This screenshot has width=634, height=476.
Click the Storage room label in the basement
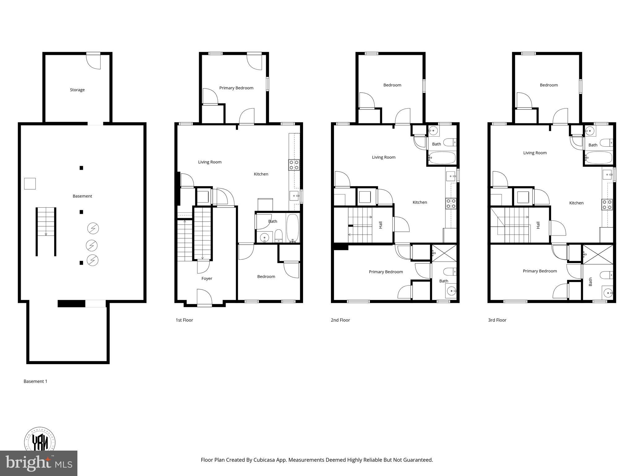point(77,90)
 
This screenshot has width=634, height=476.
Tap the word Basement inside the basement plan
point(82,196)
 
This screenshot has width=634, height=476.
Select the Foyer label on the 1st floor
point(207,279)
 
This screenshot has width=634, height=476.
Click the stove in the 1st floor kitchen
point(294,165)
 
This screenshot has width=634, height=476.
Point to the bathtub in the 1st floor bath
point(293,228)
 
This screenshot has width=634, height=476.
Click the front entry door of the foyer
point(204,297)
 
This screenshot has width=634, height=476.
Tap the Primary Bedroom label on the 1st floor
point(236,88)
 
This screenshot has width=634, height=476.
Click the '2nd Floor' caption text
point(340,320)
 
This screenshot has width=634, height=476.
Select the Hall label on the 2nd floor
point(380,225)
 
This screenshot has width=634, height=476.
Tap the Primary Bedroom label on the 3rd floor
point(540,271)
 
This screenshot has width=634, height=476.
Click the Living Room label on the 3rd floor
point(535,153)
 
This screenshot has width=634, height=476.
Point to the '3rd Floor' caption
point(497,320)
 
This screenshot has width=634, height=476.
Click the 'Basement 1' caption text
point(36,381)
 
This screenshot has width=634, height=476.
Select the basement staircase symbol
point(46,231)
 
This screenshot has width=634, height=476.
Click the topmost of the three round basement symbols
point(93,228)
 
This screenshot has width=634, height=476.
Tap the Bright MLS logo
point(39,463)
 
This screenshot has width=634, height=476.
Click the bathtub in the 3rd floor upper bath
point(599,158)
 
